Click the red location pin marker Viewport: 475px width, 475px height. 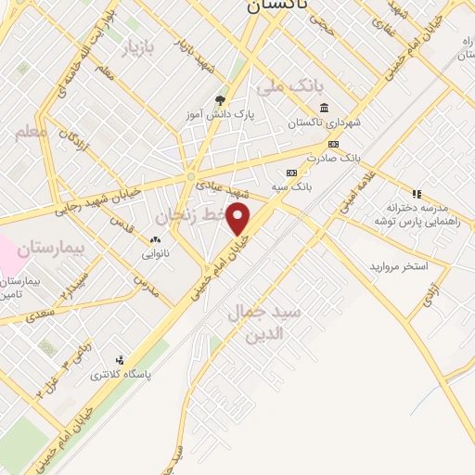tap(239, 220)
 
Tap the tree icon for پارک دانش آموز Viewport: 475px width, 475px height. tap(219, 100)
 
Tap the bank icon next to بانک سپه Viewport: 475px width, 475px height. tap(292, 173)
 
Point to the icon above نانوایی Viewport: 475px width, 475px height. tap(154, 239)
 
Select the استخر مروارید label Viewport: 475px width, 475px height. tap(399, 266)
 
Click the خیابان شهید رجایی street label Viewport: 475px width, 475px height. tap(92, 194)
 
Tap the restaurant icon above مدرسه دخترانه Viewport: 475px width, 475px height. tap(417, 194)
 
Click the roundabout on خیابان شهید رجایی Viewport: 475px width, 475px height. tap(191, 176)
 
